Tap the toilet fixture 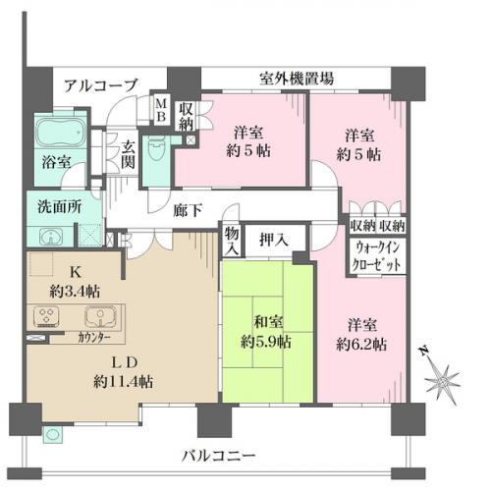155,149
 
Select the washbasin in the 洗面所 51,237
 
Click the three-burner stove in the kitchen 46,316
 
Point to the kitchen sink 100,316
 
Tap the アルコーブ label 100,85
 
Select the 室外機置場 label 297,79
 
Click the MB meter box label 161,110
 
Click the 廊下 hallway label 188,210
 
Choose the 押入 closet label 274,240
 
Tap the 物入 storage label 232,241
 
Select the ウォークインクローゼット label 376,256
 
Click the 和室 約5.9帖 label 266,332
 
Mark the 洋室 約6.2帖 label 361,335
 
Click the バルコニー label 218,456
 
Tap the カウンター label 94,338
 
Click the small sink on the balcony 51,435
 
